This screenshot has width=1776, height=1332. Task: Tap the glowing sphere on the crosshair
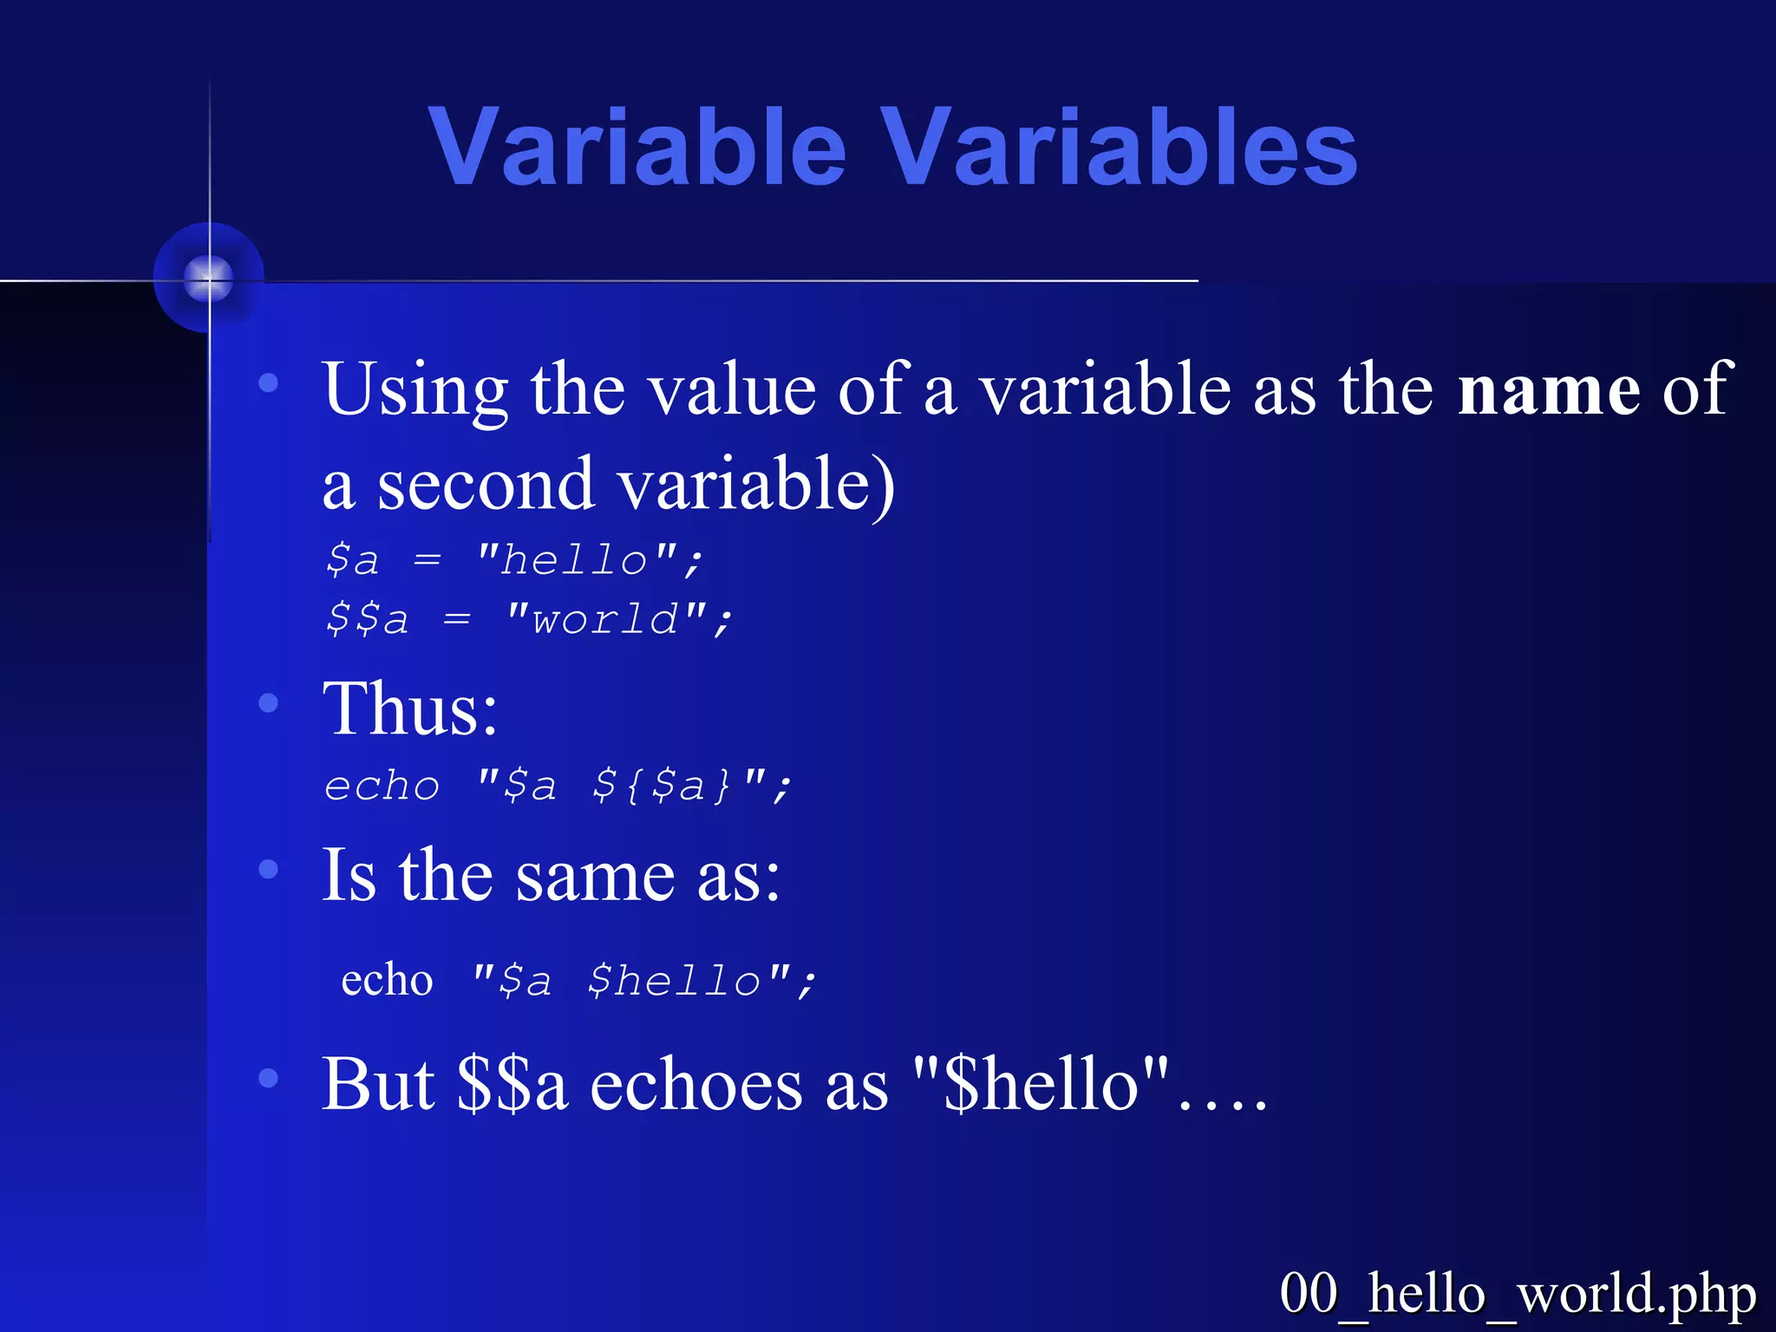pos(209,278)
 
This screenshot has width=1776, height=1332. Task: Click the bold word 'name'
pos(1549,390)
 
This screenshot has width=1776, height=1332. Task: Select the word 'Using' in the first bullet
pos(415,390)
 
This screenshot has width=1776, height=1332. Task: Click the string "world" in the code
pos(606,619)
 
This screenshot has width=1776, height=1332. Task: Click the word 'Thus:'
pos(409,709)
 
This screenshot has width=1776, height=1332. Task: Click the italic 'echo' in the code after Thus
pos(382,786)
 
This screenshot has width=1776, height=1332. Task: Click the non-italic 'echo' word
pos(387,981)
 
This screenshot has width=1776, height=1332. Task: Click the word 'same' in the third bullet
pos(595,876)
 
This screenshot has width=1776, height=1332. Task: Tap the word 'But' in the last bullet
pos(377,1084)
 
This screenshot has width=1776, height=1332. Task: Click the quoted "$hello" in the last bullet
pos(1041,1084)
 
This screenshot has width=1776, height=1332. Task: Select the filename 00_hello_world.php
pos(1518,1294)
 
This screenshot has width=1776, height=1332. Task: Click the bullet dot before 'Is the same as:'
pos(269,868)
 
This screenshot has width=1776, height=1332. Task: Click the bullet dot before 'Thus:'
pos(269,702)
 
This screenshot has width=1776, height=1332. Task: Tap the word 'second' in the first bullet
pos(486,484)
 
